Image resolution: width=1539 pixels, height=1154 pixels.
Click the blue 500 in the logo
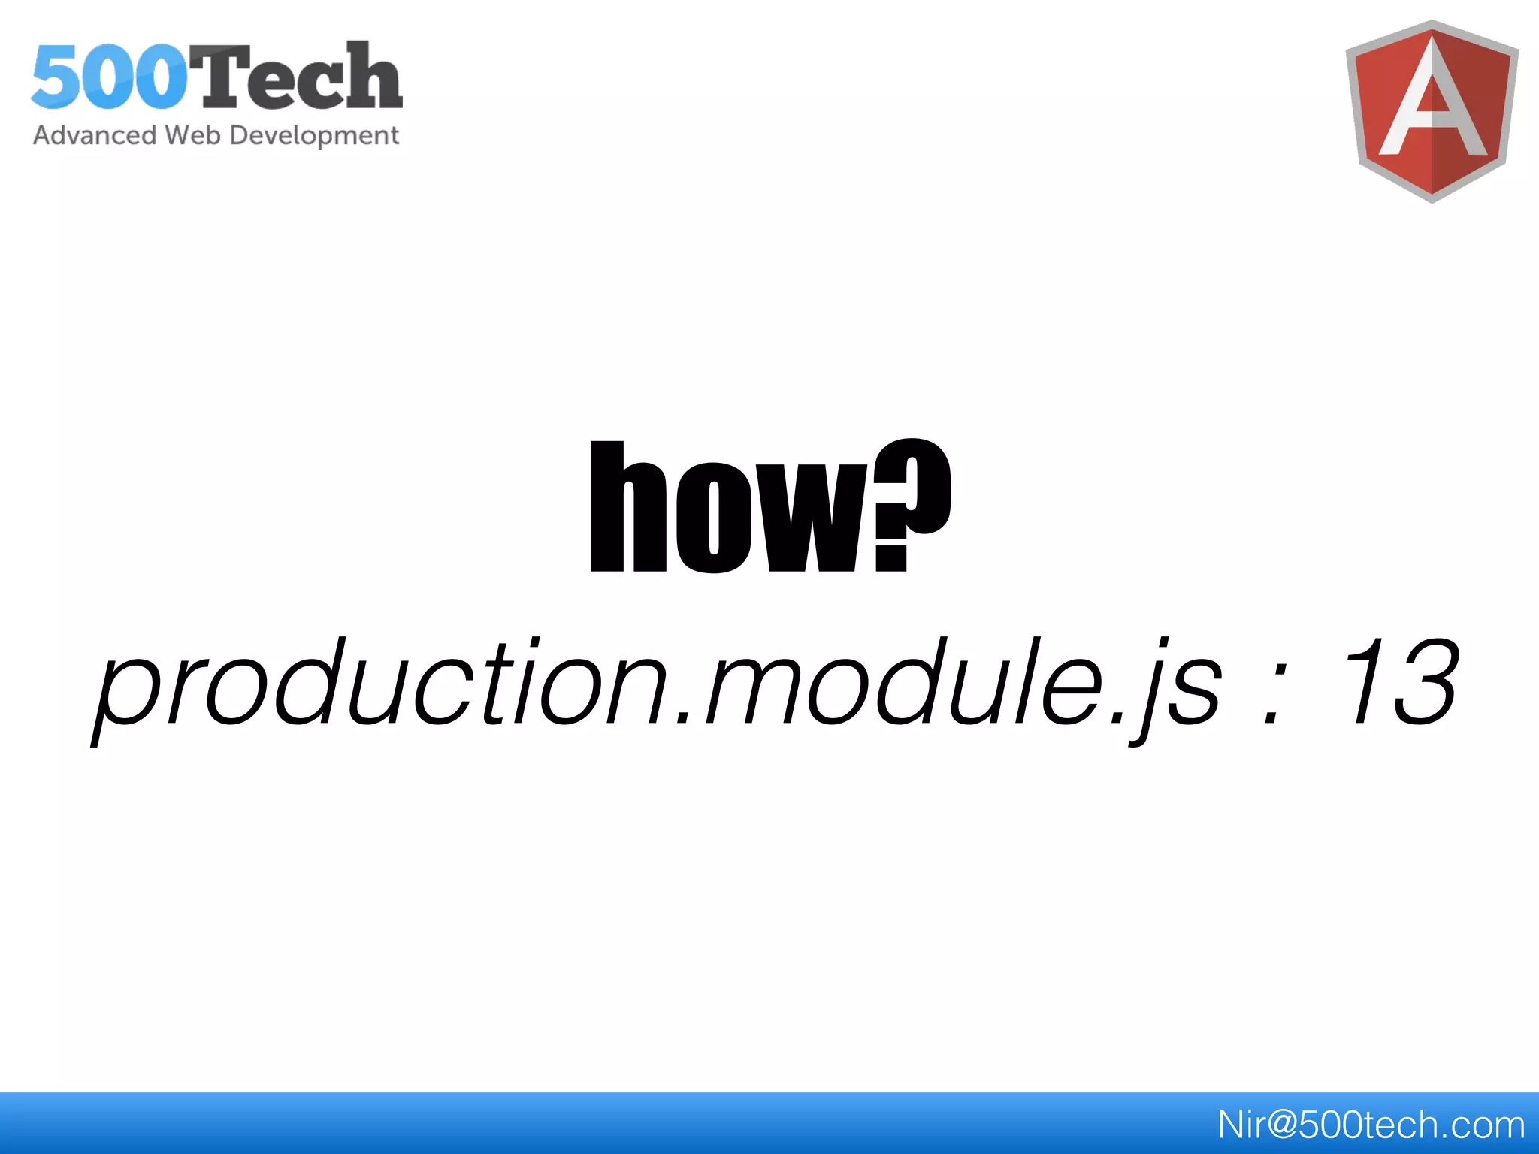point(109,77)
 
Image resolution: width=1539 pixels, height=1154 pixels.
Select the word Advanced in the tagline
point(95,136)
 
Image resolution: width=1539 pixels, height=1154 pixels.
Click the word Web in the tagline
point(192,136)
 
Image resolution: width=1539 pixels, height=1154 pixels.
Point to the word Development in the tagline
point(314,136)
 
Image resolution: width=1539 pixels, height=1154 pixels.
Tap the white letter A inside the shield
point(1432,105)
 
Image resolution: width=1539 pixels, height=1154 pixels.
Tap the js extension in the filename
point(1176,687)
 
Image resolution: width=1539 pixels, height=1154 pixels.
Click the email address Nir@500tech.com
point(1371,1125)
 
